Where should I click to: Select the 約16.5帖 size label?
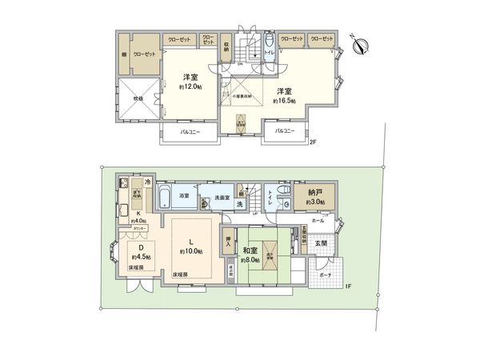click(285, 102)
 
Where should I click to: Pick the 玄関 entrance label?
click(320, 242)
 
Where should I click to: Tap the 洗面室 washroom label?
click(222, 196)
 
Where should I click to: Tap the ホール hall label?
click(318, 218)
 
